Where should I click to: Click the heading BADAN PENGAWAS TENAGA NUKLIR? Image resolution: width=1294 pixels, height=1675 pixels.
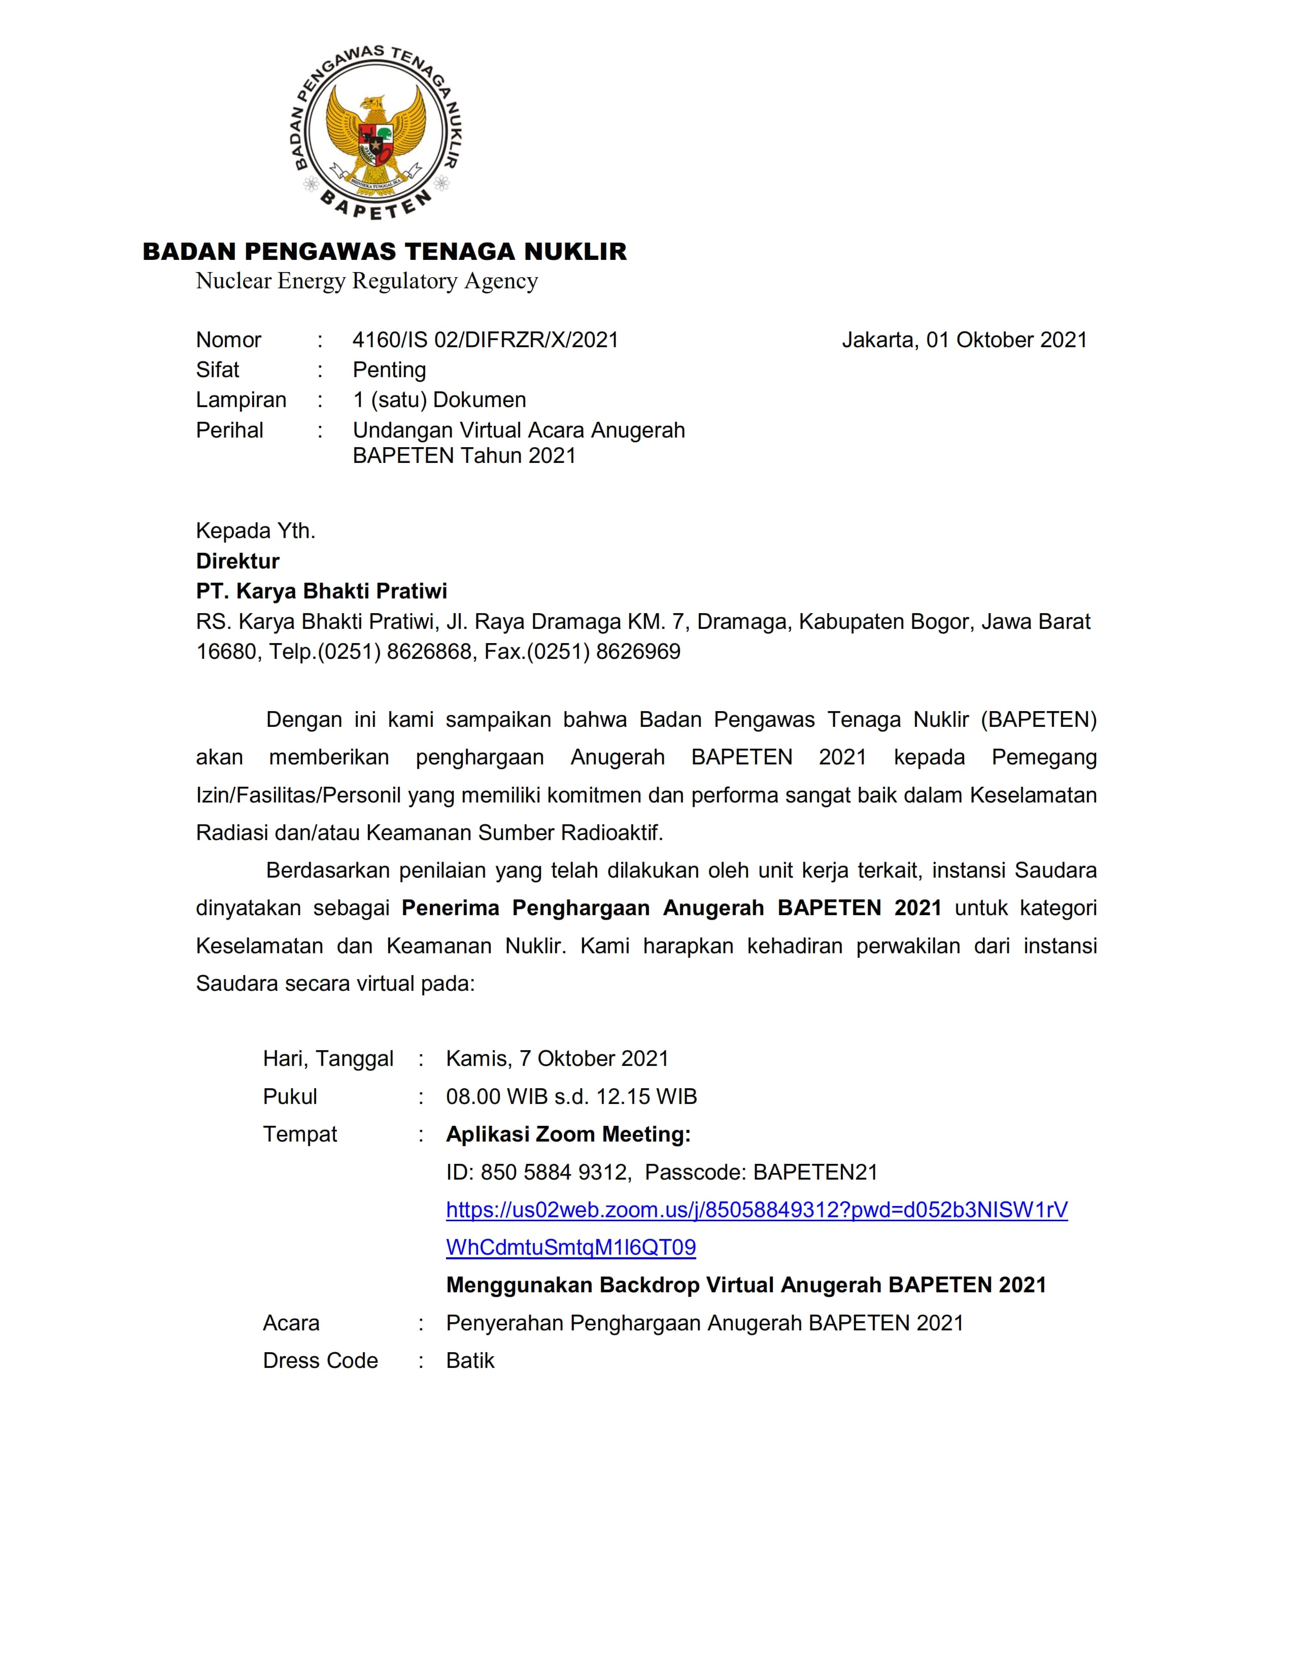[x=385, y=252]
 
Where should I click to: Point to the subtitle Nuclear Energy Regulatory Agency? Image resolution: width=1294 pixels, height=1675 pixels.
[x=366, y=282]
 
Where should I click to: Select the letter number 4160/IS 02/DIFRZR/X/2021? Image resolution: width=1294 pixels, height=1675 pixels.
[x=485, y=340]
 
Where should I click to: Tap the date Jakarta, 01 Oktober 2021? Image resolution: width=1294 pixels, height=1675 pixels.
[x=964, y=340]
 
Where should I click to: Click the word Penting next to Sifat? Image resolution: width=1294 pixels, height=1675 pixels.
[x=389, y=370]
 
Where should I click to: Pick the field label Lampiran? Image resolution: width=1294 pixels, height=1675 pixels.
[x=241, y=399]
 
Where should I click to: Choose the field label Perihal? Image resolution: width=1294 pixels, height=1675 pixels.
[x=229, y=430]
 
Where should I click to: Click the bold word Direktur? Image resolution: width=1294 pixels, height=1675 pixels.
[x=237, y=561]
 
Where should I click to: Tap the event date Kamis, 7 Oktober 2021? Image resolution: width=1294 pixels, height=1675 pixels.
[x=557, y=1058]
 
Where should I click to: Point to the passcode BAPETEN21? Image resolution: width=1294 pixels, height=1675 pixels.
[x=815, y=1172]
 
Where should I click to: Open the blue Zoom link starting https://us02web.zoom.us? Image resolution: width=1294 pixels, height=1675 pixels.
[x=757, y=1210]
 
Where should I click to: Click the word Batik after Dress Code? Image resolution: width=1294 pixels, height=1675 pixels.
[x=470, y=1360]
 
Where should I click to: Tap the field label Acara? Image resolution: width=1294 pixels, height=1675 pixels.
[x=291, y=1323]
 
